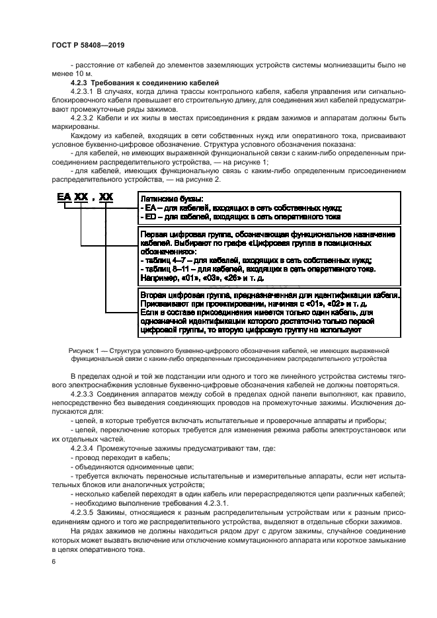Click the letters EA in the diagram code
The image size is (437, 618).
63,197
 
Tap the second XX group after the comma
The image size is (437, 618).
106,197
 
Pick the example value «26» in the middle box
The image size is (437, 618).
228,278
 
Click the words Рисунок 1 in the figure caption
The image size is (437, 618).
84,350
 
